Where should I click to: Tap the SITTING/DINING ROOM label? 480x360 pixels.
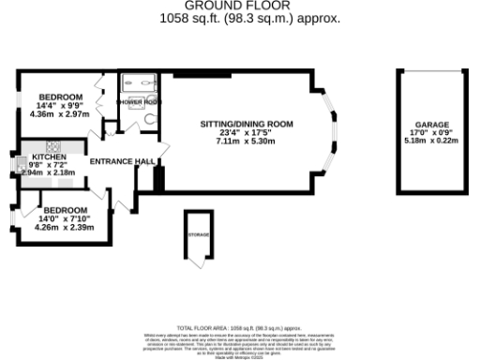click(247, 124)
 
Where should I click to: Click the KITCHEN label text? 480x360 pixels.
click(50, 157)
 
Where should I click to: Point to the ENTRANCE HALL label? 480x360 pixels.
click(122, 161)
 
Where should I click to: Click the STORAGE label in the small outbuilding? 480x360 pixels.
click(198, 234)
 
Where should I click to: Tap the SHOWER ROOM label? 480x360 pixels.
click(138, 101)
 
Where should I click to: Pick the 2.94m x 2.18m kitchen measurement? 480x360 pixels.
click(50, 173)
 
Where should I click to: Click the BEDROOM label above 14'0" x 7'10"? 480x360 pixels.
click(66, 209)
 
